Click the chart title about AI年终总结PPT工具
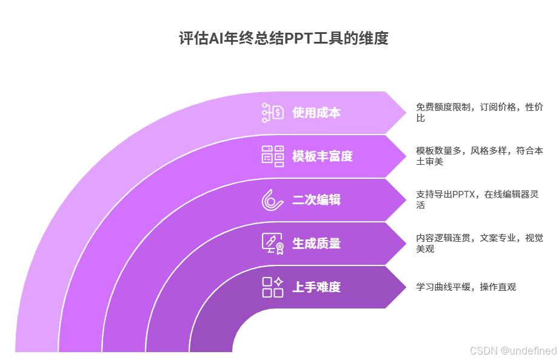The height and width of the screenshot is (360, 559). coord(283,39)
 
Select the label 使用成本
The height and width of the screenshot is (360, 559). coord(316,113)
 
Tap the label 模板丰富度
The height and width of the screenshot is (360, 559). coord(322,156)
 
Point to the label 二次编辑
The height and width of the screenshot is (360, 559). coord(316,200)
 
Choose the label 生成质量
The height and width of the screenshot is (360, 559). coord(316,244)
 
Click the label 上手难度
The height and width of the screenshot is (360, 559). coord(316,287)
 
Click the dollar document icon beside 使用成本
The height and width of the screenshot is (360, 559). coord(273,113)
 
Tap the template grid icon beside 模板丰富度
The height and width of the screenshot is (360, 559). coord(273,156)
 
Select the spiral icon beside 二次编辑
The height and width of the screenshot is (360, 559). coord(273,200)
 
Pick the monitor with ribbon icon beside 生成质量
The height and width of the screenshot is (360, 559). coord(273,244)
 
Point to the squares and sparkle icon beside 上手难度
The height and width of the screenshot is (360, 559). coord(273,287)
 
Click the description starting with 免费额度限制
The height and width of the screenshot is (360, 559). coord(479,112)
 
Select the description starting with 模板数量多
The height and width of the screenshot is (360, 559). coord(479,156)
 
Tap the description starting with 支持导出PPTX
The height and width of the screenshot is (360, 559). coord(479,199)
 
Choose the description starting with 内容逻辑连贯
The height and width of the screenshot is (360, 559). coord(479,243)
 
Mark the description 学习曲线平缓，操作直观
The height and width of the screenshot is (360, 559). coord(466,287)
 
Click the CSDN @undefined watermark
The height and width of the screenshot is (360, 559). coord(513,350)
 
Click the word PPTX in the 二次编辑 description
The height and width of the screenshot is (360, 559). coord(464,195)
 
